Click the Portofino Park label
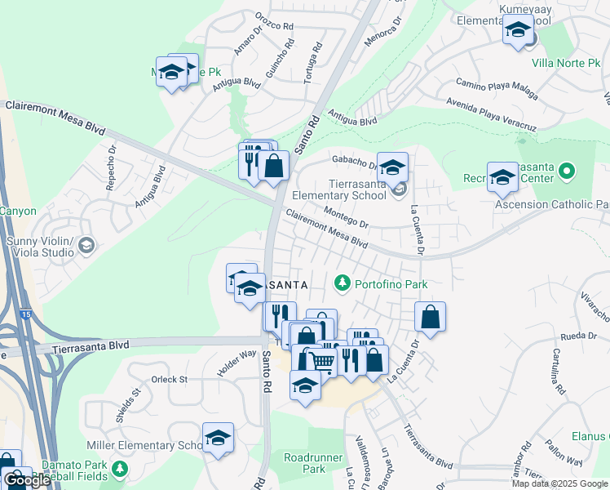(x=391, y=283)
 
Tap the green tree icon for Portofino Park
(x=343, y=283)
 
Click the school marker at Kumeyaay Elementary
(x=518, y=32)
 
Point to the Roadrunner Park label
(x=303, y=463)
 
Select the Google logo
(x=27, y=480)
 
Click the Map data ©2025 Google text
(x=559, y=483)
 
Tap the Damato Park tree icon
(x=121, y=469)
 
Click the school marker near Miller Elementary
(x=218, y=439)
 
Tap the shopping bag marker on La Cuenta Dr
(x=430, y=318)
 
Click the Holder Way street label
(x=236, y=363)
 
